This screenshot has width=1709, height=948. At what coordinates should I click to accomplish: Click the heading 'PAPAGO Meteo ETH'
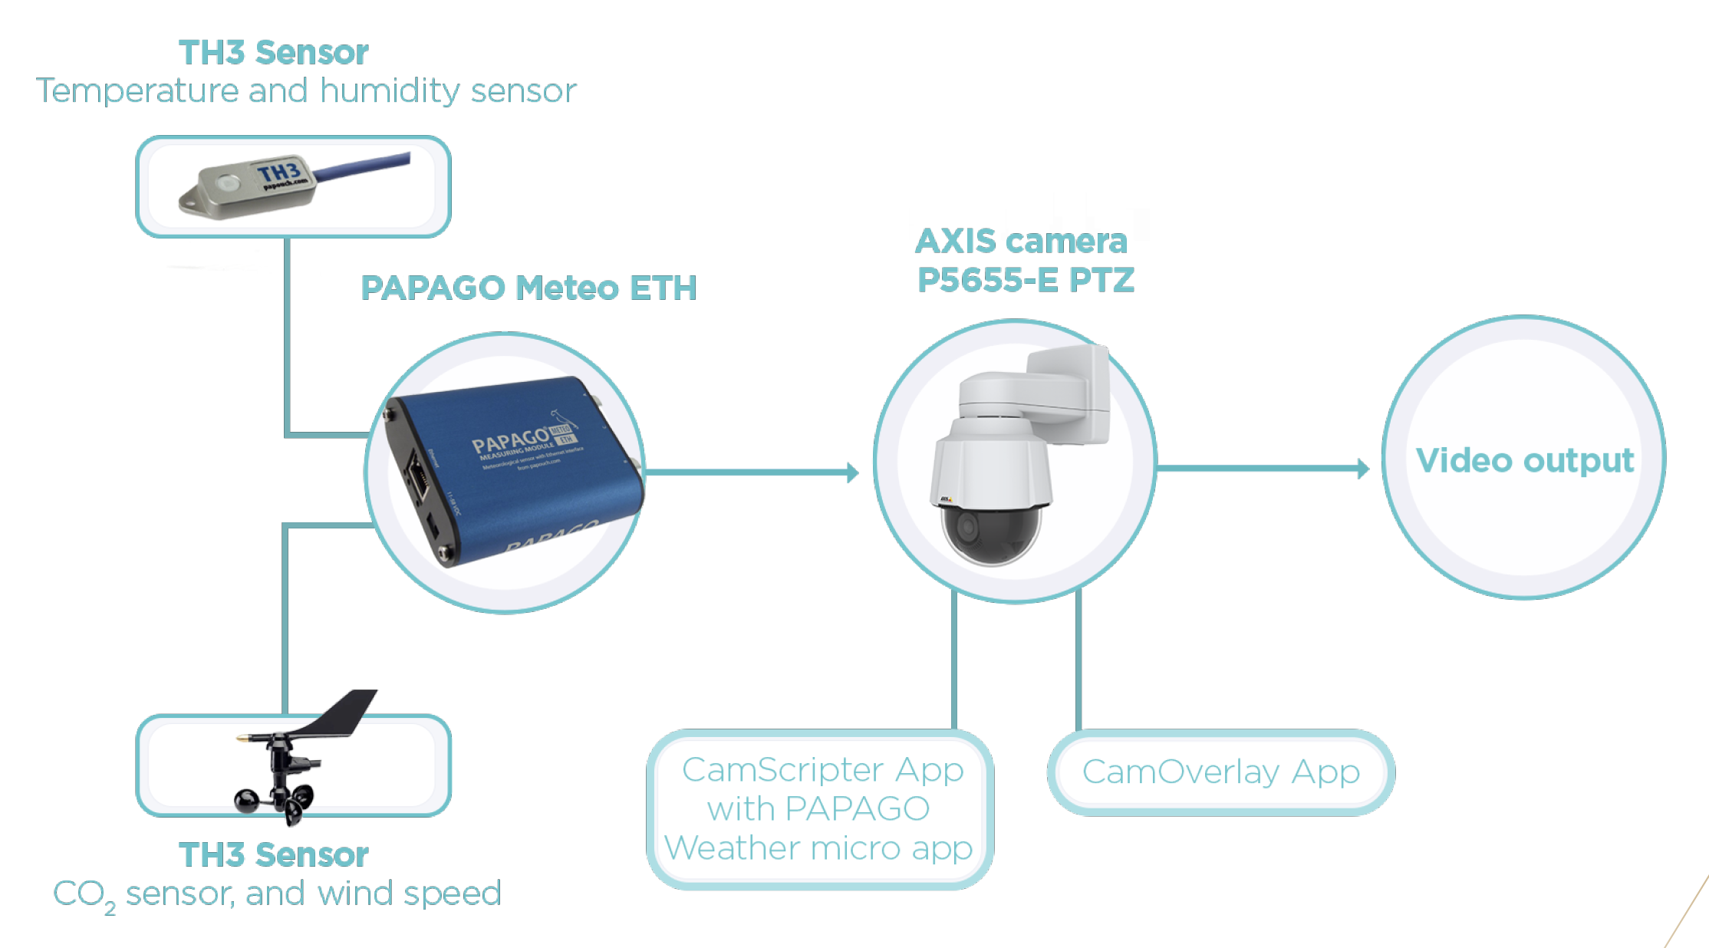click(x=529, y=288)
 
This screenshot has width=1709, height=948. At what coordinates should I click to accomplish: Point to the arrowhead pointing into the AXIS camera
click(x=852, y=472)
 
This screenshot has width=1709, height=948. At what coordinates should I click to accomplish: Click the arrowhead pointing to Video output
click(x=1362, y=468)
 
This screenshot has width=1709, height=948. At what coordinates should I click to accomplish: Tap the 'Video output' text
click(x=1525, y=460)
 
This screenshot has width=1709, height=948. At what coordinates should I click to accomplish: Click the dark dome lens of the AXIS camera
click(x=990, y=533)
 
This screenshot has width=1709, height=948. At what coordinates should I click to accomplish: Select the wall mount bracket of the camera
click(x=1070, y=391)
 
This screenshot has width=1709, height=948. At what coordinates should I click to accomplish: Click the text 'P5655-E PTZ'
click(x=1026, y=280)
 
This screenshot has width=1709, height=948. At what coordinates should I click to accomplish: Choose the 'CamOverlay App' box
click(x=1220, y=772)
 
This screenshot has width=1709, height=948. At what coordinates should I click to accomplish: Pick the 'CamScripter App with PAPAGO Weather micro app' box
click(x=820, y=809)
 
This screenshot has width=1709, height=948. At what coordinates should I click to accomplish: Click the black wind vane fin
click(x=345, y=712)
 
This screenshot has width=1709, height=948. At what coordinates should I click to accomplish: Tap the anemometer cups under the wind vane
click(x=276, y=802)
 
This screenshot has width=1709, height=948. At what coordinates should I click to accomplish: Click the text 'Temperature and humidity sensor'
click(x=306, y=91)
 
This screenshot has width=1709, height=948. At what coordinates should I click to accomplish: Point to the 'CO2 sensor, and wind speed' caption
click(x=277, y=894)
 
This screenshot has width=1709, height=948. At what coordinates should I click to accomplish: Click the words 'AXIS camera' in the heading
click(x=1021, y=242)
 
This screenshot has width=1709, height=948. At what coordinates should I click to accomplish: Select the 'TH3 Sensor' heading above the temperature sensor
click(x=274, y=53)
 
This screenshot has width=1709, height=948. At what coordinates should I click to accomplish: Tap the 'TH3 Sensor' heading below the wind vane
click(x=274, y=855)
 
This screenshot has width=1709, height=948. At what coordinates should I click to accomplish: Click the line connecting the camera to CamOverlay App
click(x=1078, y=660)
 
